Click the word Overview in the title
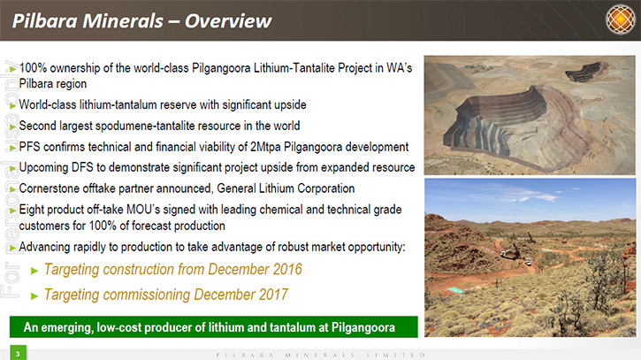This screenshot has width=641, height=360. (x=228, y=21)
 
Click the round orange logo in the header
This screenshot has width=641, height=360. (x=621, y=19)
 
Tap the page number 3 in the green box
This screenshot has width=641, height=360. (x=18, y=354)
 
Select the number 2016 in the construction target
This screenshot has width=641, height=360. (x=287, y=269)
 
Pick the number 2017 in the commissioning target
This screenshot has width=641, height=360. (x=273, y=295)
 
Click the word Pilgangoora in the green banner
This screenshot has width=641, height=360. (x=363, y=327)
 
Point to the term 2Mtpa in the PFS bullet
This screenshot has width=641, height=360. (x=265, y=147)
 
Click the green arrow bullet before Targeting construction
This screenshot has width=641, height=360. (x=34, y=271)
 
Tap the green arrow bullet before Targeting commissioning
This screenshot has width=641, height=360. (x=34, y=295)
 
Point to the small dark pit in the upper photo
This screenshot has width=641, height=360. (x=583, y=71)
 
